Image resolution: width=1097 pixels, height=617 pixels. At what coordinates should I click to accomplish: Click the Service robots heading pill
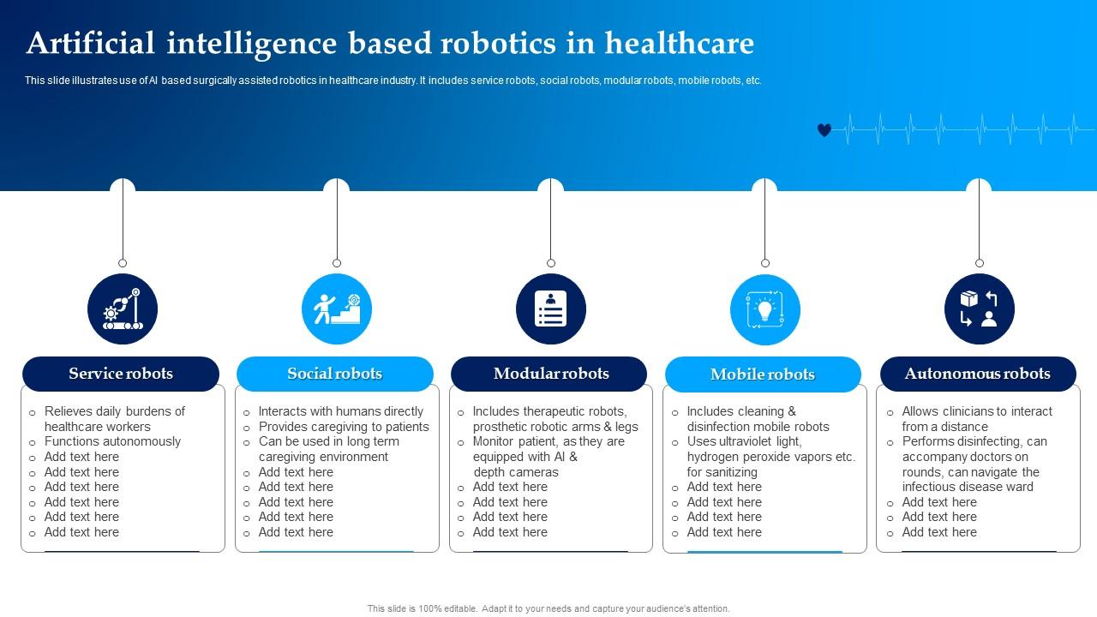click(121, 374)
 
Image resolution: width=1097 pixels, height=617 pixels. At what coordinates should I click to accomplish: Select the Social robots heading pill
click(334, 374)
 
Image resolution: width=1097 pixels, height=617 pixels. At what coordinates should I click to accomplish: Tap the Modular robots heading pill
click(550, 374)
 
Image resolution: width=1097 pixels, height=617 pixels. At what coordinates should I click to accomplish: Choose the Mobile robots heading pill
click(763, 374)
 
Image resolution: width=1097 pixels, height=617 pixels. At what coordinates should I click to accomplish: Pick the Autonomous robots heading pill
click(978, 374)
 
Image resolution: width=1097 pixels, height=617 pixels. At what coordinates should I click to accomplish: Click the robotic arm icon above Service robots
click(122, 309)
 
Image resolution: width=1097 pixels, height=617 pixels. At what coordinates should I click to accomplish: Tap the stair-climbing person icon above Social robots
click(336, 309)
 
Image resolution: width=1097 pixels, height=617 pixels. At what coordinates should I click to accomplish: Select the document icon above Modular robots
click(550, 309)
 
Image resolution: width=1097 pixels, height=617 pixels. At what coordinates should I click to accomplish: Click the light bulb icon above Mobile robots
click(764, 309)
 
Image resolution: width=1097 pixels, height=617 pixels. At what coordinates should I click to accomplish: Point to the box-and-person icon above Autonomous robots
click(979, 309)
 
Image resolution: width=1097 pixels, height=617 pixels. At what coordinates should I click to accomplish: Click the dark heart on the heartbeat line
click(824, 130)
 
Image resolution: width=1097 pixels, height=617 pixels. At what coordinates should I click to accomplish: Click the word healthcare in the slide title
click(679, 43)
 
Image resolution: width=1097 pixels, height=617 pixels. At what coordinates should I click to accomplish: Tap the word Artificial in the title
click(91, 43)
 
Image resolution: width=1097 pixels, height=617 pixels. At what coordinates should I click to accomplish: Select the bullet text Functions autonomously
click(112, 441)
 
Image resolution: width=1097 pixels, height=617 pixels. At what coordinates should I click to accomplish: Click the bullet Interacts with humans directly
click(341, 411)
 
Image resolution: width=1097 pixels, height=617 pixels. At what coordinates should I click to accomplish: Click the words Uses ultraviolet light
click(744, 441)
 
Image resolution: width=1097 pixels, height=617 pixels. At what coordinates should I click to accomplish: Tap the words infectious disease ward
click(968, 487)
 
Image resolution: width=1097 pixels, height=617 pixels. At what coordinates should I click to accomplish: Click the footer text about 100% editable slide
click(548, 608)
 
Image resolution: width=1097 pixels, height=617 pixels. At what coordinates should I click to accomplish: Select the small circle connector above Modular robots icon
click(551, 263)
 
